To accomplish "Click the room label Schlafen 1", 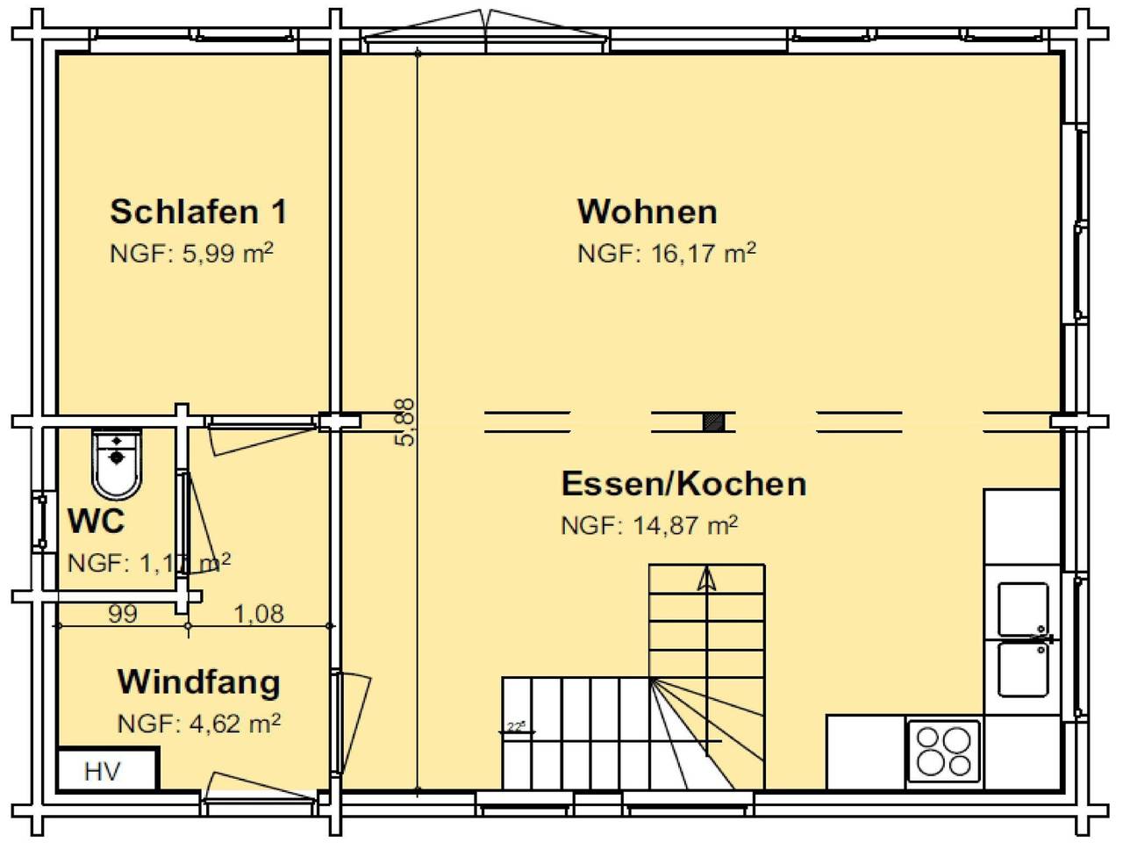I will click(198, 212).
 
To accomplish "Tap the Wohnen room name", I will click(647, 212).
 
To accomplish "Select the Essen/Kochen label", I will click(683, 484).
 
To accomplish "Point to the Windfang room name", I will click(199, 681).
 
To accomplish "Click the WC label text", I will click(97, 522).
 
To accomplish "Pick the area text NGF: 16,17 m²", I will click(666, 254).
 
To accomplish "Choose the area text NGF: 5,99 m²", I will click(191, 254).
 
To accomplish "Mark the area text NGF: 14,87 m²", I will click(649, 526).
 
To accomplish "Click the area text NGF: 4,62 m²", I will click(199, 724).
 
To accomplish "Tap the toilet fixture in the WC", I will click(117, 463).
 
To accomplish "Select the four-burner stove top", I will click(943, 751).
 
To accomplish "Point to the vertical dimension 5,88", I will click(405, 422).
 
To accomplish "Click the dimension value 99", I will click(123, 614).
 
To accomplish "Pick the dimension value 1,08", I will click(259, 614).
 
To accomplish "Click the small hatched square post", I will click(714, 421).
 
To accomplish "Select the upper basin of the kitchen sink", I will click(1023, 609).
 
